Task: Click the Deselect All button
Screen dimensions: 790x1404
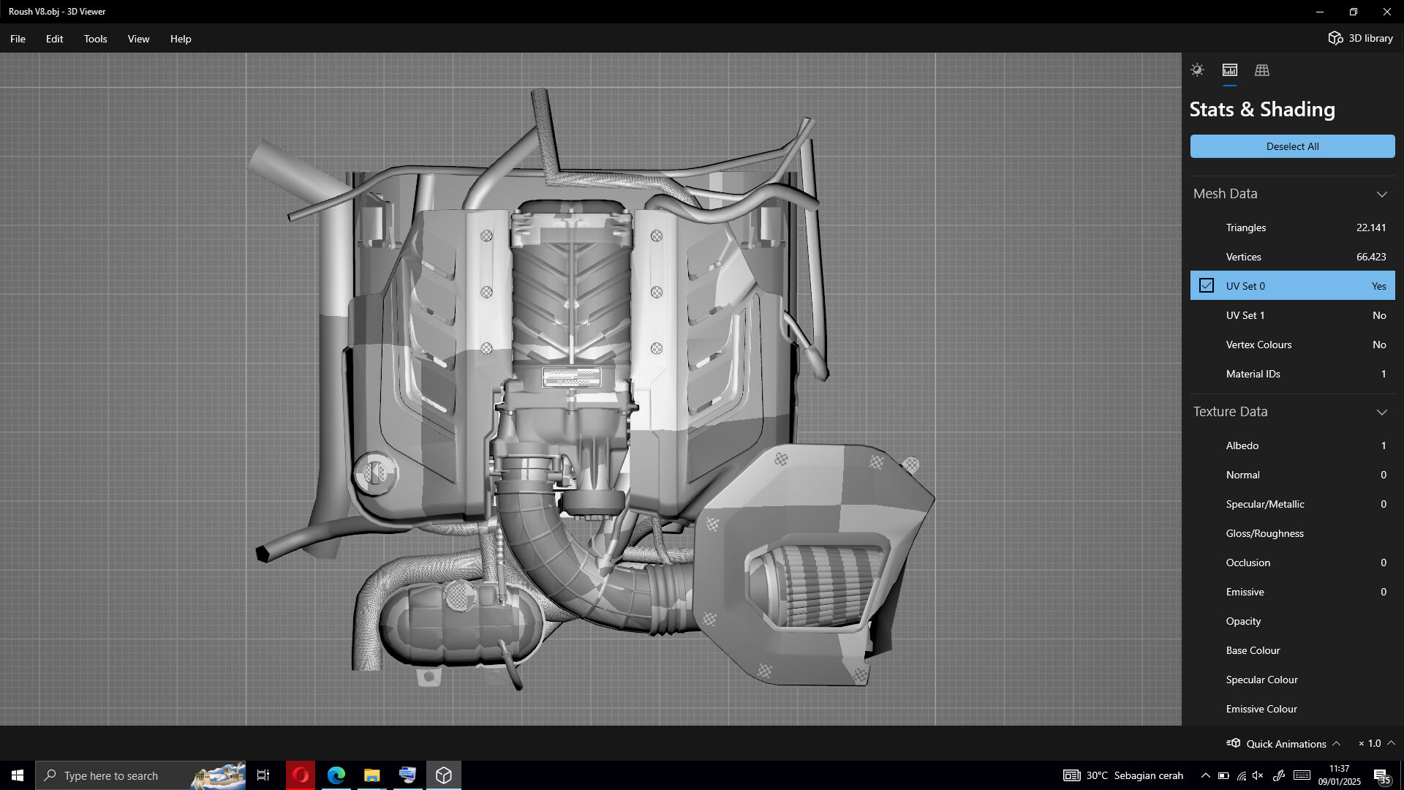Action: [x=1292, y=146]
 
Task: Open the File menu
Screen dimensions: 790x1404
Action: [x=18, y=39]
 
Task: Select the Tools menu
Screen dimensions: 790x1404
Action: [x=95, y=39]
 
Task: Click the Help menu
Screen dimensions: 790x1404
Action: [x=181, y=39]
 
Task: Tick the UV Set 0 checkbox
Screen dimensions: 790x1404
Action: [x=1207, y=285]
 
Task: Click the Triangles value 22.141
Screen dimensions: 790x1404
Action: [x=1370, y=227]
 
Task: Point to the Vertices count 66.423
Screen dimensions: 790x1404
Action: [x=1370, y=257]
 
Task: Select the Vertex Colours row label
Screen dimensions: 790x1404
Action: [x=1258, y=345]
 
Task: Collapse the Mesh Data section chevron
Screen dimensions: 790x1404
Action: [x=1381, y=194]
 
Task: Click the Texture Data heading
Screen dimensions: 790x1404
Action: [x=1231, y=412]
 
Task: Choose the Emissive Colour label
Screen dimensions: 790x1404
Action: [x=1261, y=709]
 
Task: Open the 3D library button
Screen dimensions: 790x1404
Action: [x=1360, y=38]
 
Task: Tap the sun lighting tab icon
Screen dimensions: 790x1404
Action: [x=1197, y=70]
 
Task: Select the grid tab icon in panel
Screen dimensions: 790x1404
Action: [x=1262, y=70]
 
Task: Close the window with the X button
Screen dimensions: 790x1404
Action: [x=1386, y=12]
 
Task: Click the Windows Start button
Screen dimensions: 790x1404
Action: [x=18, y=775]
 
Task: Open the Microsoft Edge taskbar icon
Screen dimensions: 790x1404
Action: [x=336, y=775]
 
